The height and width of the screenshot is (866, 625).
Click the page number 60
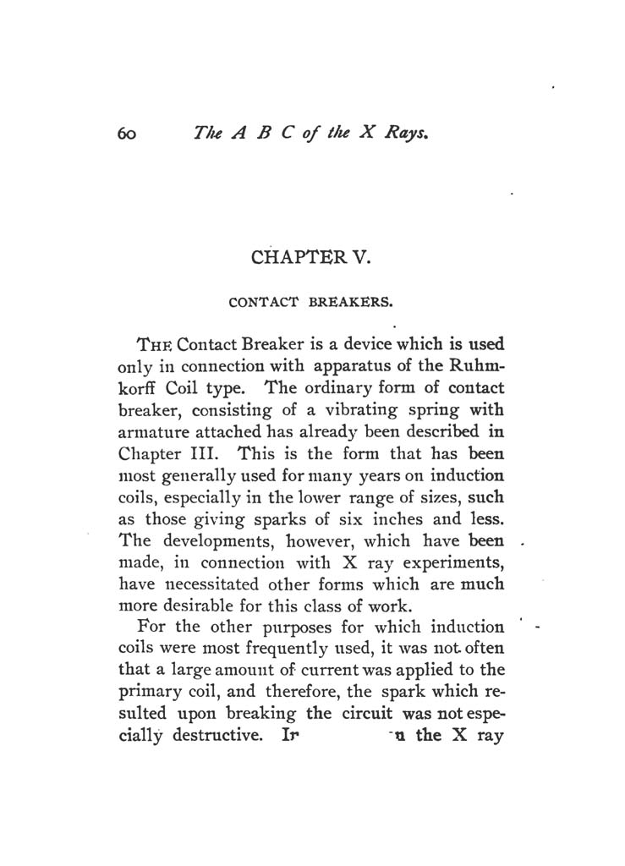(128, 133)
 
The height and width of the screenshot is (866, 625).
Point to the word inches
(397, 520)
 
